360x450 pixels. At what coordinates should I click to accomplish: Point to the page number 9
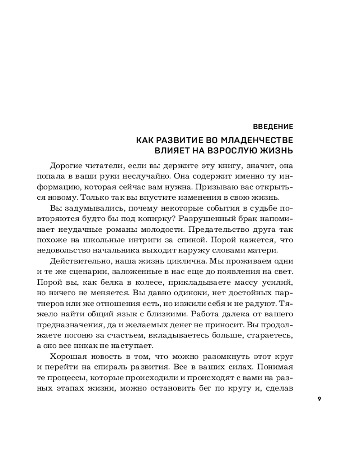[319, 399]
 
